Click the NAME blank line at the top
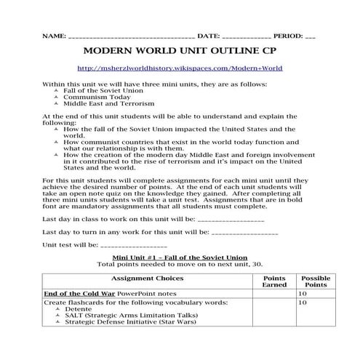tap(130, 36)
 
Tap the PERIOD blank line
tap(311, 36)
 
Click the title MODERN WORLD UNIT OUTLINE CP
tap(180, 52)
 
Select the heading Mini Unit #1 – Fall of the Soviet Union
tap(180, 257)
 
